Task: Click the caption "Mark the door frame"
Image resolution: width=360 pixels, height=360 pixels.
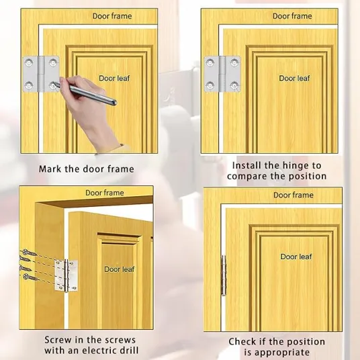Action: pyautogui.click(x=87, y=169)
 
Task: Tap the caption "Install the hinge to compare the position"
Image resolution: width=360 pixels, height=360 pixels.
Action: pyautogui.click(x=277, y=171)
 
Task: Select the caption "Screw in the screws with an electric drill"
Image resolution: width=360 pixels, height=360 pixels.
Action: pyautogui.click(x=91, y=345)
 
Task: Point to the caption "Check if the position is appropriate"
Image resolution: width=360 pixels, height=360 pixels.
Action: pyautogui.click(x=277, y=347)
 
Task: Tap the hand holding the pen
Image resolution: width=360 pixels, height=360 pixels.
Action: pyautogui.click(x=92, y=110)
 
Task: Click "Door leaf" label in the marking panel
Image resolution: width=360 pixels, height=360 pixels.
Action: pyautogui.click(x=114, y=79)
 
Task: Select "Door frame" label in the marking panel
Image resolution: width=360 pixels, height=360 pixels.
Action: pyautogui.click(x=112, y=16)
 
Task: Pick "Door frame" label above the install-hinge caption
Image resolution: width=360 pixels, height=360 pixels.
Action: pyautogui.click(x=292, y=16)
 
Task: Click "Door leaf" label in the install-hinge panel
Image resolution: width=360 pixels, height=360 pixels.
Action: pyautogui.click(x=294, y=79)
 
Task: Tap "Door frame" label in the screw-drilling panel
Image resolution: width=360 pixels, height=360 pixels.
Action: pyautogui.click(x=105, y=193)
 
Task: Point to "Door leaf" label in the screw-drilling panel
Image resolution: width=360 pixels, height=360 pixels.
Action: pyautogui.click(x=119, y=269)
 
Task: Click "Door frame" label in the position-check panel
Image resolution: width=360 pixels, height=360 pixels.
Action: pyautogui.click(x=294, y=195)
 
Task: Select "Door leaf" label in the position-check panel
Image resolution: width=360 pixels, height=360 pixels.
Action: pyautogui.click(x=296, y=257)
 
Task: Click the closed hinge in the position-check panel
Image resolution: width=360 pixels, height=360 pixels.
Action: pyautogui.click(x=224, y=275)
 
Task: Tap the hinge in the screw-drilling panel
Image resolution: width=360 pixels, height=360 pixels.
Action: pyautogui.click(x=66, y=275)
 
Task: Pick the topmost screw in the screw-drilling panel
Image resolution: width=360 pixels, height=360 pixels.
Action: pyautogui.click(x=29, y=253)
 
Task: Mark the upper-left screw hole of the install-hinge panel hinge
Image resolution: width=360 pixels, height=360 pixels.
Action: pyautogui.click(x=210, y=62)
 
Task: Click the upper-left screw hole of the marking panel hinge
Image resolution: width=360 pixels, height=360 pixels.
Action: pyautogui.click(x=29, y=62)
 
